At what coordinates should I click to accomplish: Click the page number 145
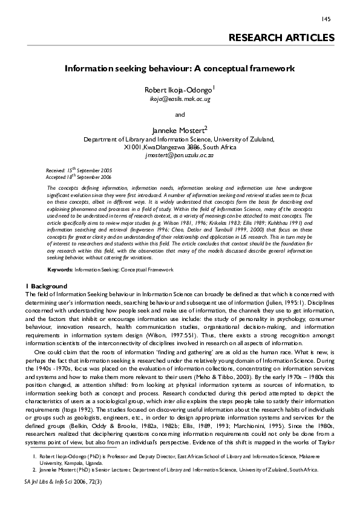coord(326,19)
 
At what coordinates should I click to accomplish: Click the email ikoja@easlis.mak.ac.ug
coord(180,99)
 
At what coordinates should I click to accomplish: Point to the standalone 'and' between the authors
coord(180,114)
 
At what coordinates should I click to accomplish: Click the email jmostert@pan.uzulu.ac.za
coord(180,155)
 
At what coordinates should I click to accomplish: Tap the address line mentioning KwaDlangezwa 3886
coord(180,147)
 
